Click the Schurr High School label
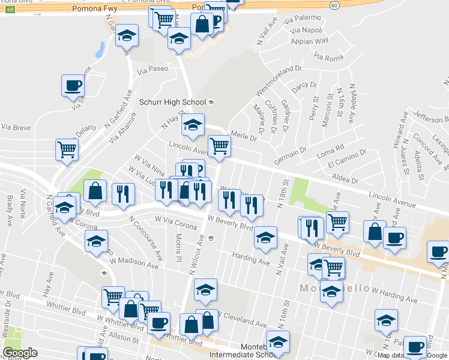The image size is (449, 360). [172, 102]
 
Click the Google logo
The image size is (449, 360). [20, 353]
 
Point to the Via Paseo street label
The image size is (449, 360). [152, 69]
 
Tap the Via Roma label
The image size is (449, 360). [328, 57]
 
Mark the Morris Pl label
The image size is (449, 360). [178, 242]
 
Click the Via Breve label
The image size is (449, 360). [16, 127]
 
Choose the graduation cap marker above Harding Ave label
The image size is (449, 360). [265, 237]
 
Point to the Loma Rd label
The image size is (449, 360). [331, 146]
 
